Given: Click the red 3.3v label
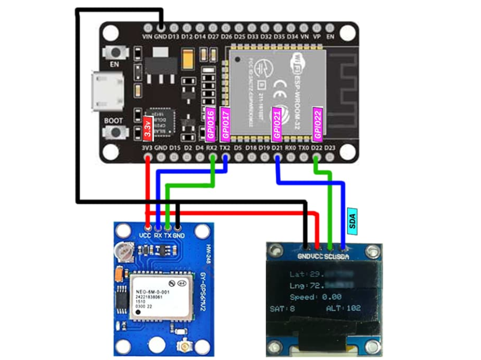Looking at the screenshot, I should click(148, 128).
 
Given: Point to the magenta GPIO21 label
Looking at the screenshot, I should click(277, 123).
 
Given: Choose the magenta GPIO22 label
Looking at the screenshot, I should click(317, 123).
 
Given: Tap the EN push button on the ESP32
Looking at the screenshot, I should click(115, 53).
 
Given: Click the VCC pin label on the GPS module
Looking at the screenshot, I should click(145, 235).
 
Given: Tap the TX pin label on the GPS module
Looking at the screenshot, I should click(168, 235).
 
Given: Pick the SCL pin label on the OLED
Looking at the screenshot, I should click(330, 256).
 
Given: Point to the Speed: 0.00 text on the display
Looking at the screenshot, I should click(316, 297).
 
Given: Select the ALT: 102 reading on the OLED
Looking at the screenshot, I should click(343, 308).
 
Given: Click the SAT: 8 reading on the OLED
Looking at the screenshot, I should click(283, 309).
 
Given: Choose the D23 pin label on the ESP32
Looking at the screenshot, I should click(330, 148).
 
